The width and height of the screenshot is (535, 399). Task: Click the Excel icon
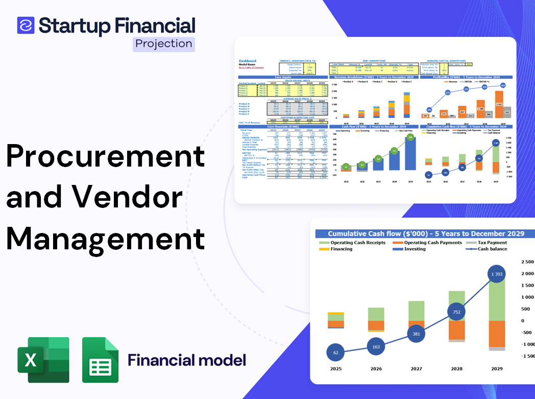tap(43, 360)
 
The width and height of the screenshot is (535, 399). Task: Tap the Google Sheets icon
tap(101, 360)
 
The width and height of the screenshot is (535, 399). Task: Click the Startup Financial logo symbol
tap(26, 25)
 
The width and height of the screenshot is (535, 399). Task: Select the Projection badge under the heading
tap(164, 43)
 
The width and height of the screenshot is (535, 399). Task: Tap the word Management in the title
tap(106, 238)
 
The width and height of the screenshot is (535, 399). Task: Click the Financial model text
tap(187, 360)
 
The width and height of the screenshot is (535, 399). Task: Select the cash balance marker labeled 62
tap(336, 353)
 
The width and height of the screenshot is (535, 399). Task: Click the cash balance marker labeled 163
tap(376, 347)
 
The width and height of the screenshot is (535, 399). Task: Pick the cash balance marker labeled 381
tap(416, 334)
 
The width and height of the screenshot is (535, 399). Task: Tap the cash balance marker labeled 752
tap(456, 312)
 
